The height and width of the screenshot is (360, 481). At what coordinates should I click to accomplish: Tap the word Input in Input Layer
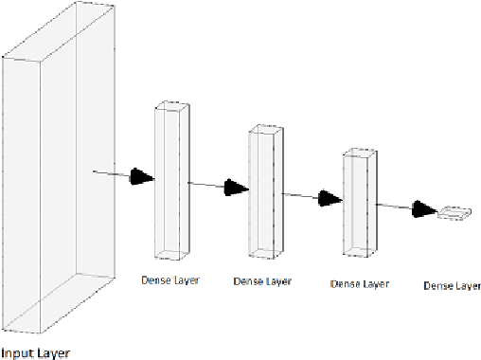[x=16, y=352]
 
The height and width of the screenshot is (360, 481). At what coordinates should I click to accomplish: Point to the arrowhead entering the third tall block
[x=330, y=198]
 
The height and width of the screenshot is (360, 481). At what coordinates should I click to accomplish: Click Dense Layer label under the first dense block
[x=170, y=279]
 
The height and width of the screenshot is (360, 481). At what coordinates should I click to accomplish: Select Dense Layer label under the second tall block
[x=261, y=281]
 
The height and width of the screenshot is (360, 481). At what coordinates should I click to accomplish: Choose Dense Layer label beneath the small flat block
[x=452, y=285]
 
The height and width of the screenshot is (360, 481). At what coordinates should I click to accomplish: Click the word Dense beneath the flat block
[x=437, y=285]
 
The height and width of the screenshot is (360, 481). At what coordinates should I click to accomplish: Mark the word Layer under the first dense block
[x=186, y=279]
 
